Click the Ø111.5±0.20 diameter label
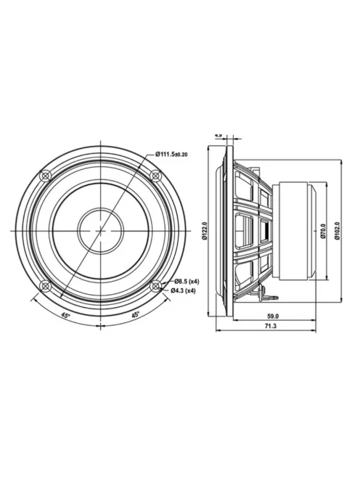pos(175,154)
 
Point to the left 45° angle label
pos(65,316)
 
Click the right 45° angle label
pos(136,316)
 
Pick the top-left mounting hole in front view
pos(46,176)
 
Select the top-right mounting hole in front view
pos(154,176)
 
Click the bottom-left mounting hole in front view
pos(46,285)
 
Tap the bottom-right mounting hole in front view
pos(154,285)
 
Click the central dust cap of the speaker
pos(100,230)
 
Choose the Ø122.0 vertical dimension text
pos(205,230)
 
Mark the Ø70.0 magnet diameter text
pos(322,231)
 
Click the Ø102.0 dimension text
pos(336,231)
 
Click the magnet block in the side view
pos(293,230)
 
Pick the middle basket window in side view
pos(249,230)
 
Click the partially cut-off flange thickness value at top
pos(218,135)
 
